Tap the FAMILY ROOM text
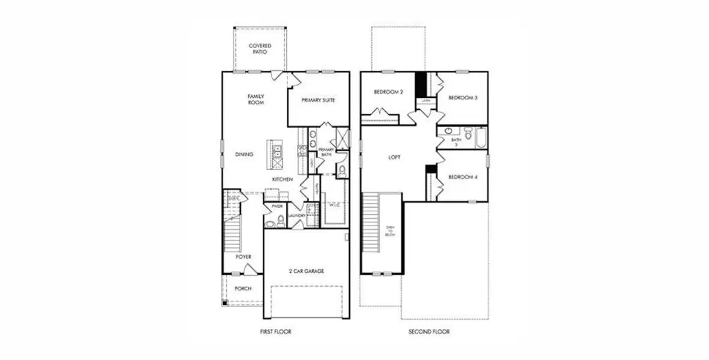pyautogui.click(x=256, y=99)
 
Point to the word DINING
pyautogui.click(x=244, y=154)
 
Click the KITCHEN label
pyautogui.click(x=283, y=179)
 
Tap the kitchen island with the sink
pyautogui.click(x=278, y=152)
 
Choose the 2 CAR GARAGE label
pyautogui.click(x=305, y=271)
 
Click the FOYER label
pyautogui.click(x=243, y=257)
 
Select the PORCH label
pyautogui.click(x=243, y=289)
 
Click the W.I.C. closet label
pyautogui.click(x=335, y=205)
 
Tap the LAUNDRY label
pyautogui.click(x=298, y=215)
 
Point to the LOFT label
pyautogui.click(x=394, y=157)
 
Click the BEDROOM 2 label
pyautogui.click(x=388, y=92)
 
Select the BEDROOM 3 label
pyautogui.click(x=462, y=98)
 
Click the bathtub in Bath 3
pyautogui.click(x=480, y=138)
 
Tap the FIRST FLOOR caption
pyautogui.click(x=275, y=331)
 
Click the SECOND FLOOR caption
pyautogui.click(x=429, y=331)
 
